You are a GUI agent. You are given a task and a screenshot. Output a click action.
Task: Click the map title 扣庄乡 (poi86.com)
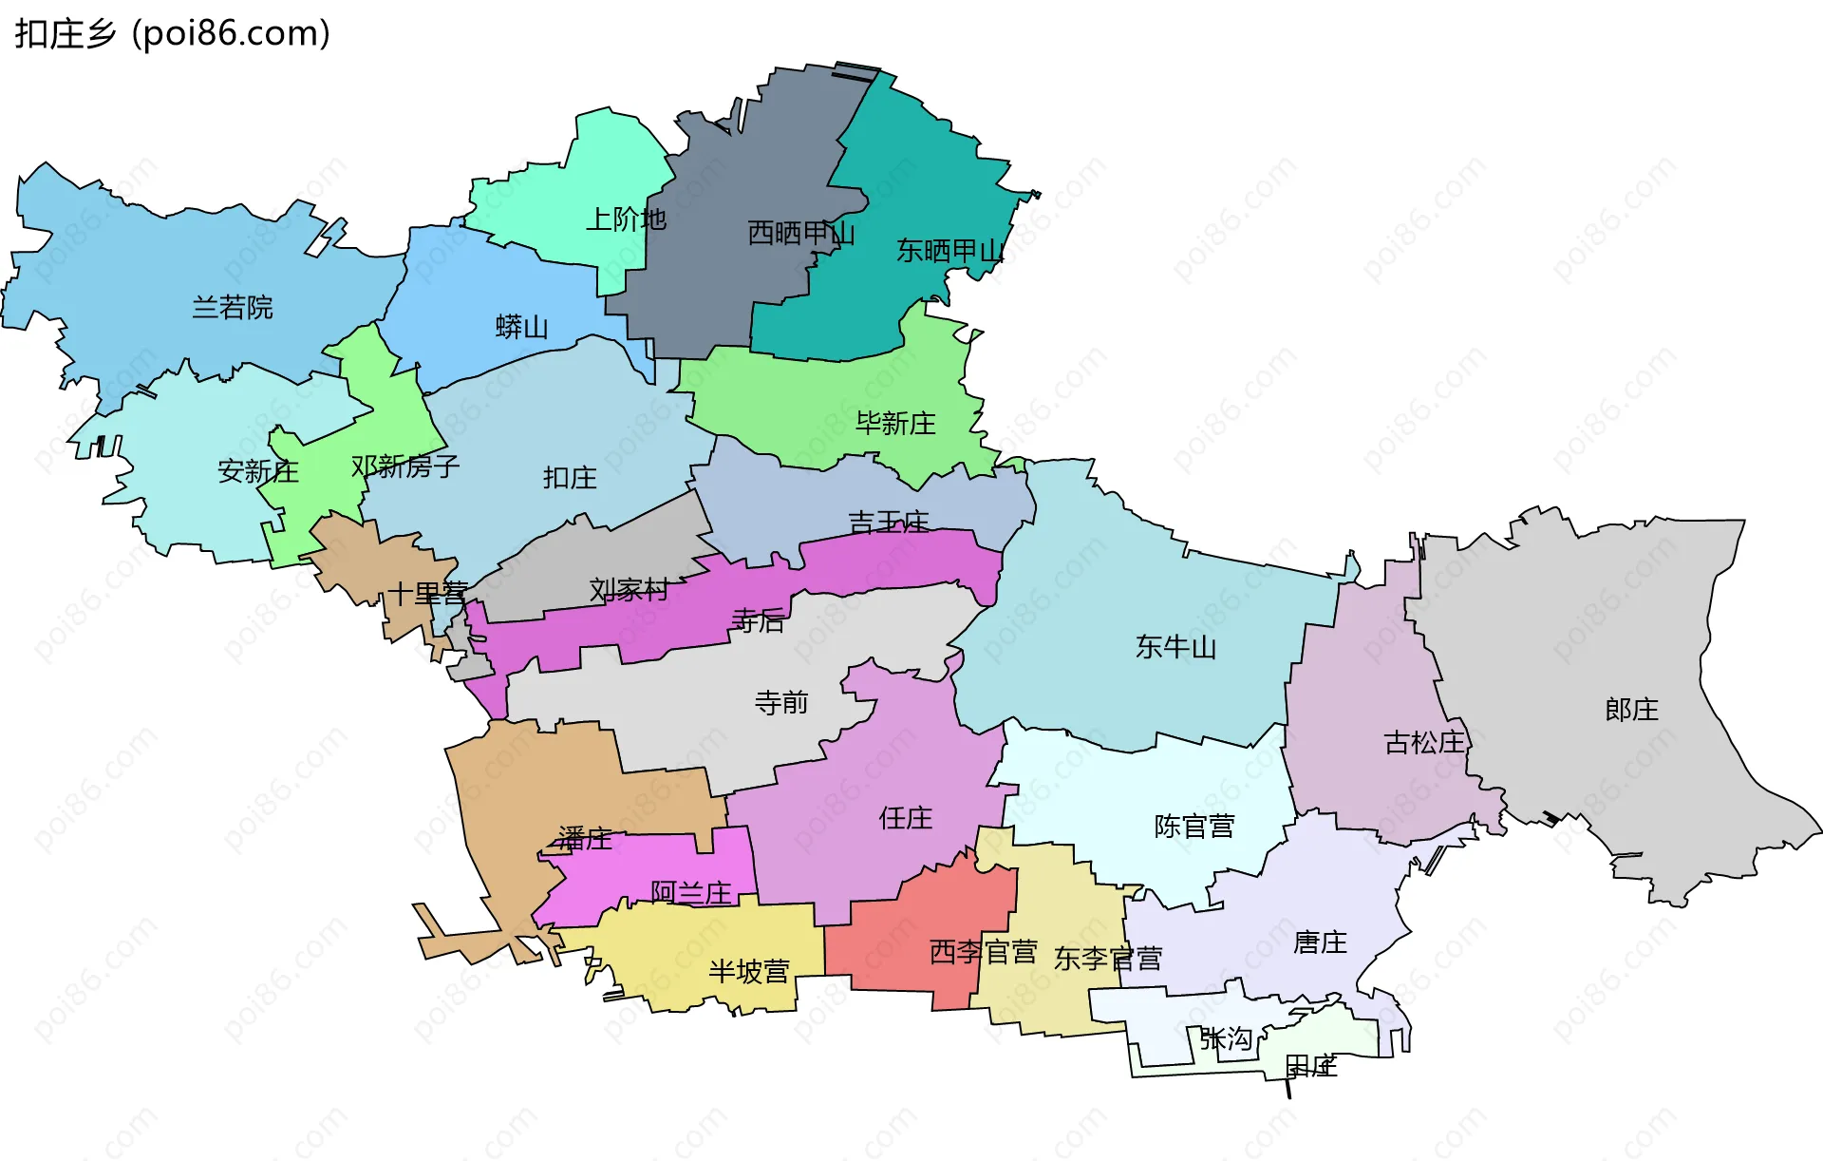pos(172,34)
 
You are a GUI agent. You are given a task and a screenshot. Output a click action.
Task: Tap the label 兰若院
pos(233,308)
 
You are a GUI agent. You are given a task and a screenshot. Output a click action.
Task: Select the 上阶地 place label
pos(626,220)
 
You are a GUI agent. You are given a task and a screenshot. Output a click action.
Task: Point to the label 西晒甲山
pos(800,234)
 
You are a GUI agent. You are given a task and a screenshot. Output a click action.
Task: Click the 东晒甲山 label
pos(949,252)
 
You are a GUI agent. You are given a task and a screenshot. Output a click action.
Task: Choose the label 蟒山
pos(522,328)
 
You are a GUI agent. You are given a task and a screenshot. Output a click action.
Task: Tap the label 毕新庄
pos(895,424)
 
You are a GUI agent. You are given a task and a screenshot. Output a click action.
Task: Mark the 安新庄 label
pos(258,471)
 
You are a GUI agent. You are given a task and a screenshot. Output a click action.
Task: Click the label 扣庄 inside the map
pos(570,478)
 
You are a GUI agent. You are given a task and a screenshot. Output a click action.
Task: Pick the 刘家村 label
pos(629,590)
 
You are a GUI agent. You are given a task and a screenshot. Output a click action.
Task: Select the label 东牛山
pos(1175,648)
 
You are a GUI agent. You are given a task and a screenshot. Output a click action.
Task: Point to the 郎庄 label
pos(1631,710)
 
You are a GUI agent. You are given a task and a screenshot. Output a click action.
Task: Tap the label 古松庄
pos(1424,743)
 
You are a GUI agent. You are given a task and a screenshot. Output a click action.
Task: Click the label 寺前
pos(781,703)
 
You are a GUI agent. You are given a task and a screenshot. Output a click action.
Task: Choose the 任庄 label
pos(906,818)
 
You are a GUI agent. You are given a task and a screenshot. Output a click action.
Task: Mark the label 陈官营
pos(1194,827)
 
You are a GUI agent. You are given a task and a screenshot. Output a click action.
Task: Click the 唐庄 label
pos(1320,942)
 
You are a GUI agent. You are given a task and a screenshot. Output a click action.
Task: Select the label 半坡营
pos(749,972)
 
